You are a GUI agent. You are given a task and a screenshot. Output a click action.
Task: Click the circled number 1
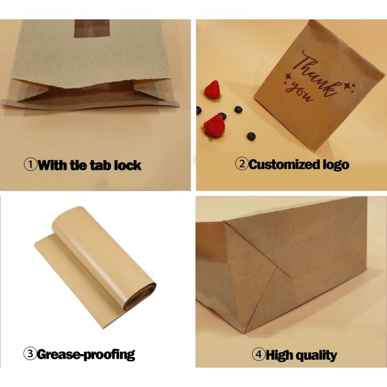point(30,164)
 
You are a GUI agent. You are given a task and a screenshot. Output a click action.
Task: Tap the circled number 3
point(30,353)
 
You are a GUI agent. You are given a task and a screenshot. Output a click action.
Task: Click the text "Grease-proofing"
point(86,354)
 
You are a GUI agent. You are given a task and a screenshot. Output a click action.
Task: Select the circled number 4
point(258,354)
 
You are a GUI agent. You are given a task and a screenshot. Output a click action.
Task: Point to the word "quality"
point(319,354)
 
